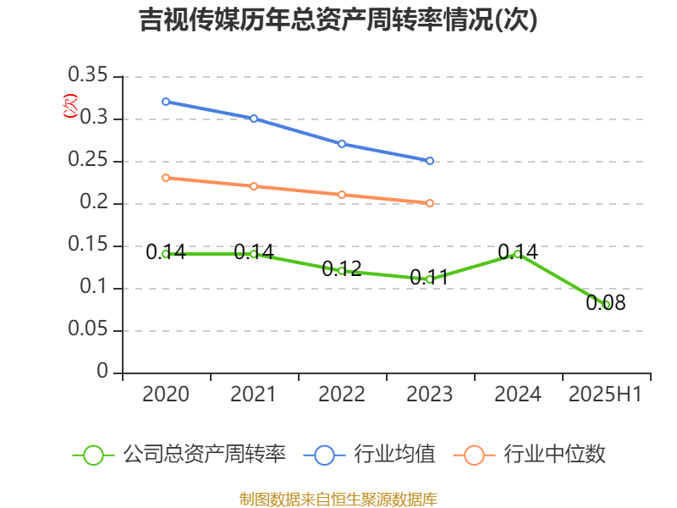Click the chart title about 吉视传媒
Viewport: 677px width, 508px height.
click(x=338, y=20)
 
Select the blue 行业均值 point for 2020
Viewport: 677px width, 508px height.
click(x=166, y=102)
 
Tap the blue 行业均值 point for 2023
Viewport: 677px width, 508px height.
click(x=430, y=161)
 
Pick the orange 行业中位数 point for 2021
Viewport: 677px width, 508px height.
click(x=254, y=186)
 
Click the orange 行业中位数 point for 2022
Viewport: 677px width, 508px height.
click(x=342, y=195)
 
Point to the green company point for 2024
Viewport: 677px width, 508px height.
click(x=518, y=253)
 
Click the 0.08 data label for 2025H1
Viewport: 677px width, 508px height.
click(x=606, y=303)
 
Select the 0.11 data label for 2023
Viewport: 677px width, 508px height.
click(x=429, y=278)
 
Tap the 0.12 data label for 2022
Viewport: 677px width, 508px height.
click(x=342, y=269)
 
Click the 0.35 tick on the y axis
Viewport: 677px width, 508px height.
click(x=88, y=76)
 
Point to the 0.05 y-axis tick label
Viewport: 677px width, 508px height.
click(x=88, y=330)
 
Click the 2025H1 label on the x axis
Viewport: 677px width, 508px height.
click(x=606, y=395)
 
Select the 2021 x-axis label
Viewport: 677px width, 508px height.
click(x=254, y=395)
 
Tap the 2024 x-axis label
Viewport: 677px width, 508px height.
click(x=518, y=395)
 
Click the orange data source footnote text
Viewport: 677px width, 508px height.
click(x=338, y=499)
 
